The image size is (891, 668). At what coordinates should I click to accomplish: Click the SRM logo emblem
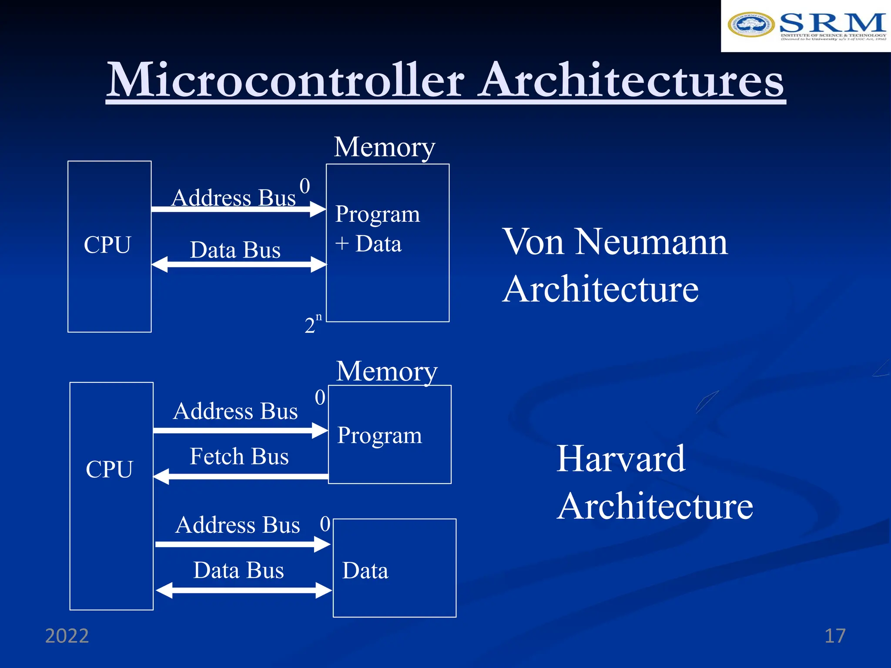750,24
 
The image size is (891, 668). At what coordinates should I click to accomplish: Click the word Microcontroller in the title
285,80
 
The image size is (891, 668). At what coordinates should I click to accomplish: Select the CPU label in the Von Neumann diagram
107,244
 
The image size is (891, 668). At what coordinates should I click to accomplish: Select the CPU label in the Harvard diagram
109,469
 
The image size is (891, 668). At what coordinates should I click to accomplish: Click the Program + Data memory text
377,229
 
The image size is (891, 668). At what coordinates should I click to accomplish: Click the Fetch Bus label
239,456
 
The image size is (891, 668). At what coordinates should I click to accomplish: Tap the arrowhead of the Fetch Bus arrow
161,476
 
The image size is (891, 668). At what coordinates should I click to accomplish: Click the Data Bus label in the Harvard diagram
238,570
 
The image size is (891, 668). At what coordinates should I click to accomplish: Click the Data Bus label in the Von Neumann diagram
235,250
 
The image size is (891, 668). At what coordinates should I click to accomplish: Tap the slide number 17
834,636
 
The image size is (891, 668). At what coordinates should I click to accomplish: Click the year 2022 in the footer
67,636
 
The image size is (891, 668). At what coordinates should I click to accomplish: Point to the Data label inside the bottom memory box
365,571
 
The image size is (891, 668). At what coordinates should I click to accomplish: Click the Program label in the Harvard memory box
379,435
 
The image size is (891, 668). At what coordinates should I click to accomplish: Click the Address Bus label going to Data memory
238,525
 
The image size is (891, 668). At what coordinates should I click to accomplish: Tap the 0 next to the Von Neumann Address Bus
305,186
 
